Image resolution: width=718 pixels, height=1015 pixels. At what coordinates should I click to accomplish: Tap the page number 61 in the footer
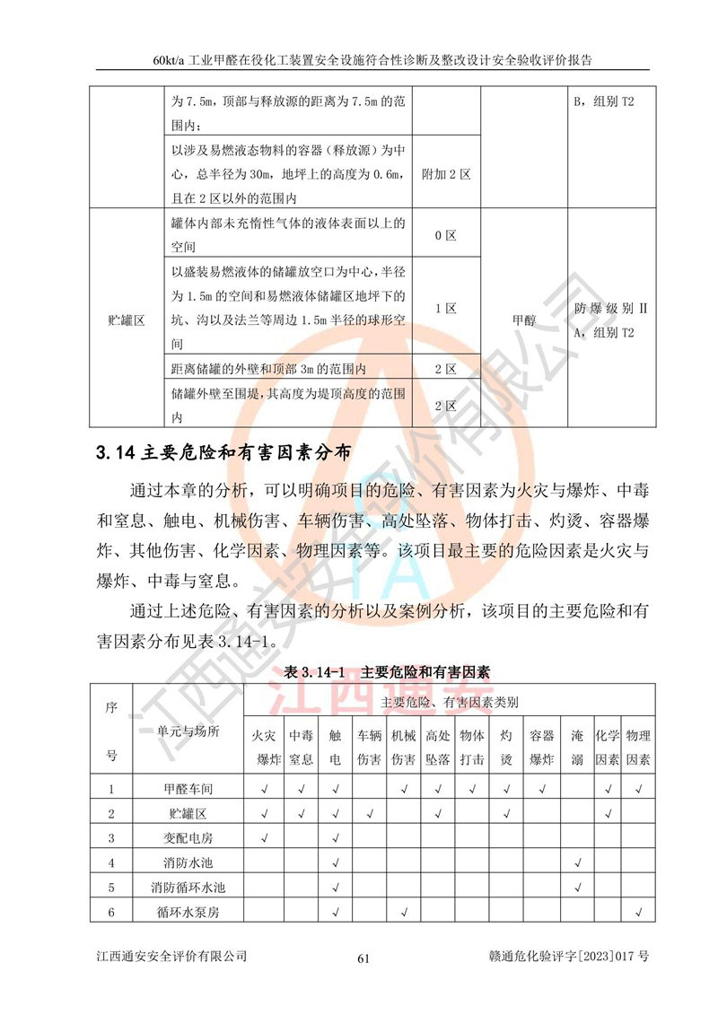pos(363,958)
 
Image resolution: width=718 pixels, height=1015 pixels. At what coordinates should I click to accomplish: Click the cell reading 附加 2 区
pos(446,174)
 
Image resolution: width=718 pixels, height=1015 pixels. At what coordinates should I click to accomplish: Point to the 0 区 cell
pos(446,236)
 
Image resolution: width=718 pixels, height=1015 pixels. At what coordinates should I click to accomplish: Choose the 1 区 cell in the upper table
pos(446,308)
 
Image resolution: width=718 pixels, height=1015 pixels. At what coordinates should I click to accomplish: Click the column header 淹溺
pos(579,747)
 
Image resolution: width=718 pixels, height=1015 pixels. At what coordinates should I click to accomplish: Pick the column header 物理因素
pos(638,747)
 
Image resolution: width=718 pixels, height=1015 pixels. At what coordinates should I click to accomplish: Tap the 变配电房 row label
pos(188,838)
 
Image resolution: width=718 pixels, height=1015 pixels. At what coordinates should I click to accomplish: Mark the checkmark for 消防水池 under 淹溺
pos(579,863)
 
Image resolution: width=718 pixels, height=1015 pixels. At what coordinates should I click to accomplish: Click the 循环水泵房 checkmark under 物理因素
pos(638,913)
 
